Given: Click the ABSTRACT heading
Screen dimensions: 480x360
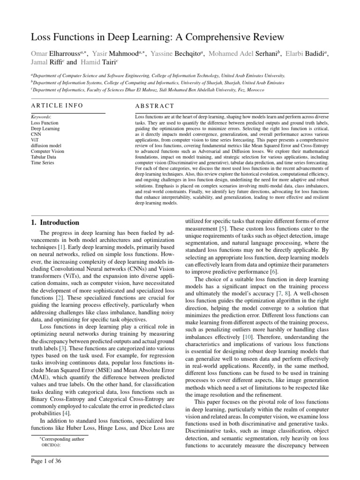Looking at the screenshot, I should [x=154, y=106].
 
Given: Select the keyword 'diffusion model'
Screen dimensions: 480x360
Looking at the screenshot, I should [x=47, y=145].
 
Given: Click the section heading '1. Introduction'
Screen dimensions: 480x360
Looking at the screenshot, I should [x=59, y=223].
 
